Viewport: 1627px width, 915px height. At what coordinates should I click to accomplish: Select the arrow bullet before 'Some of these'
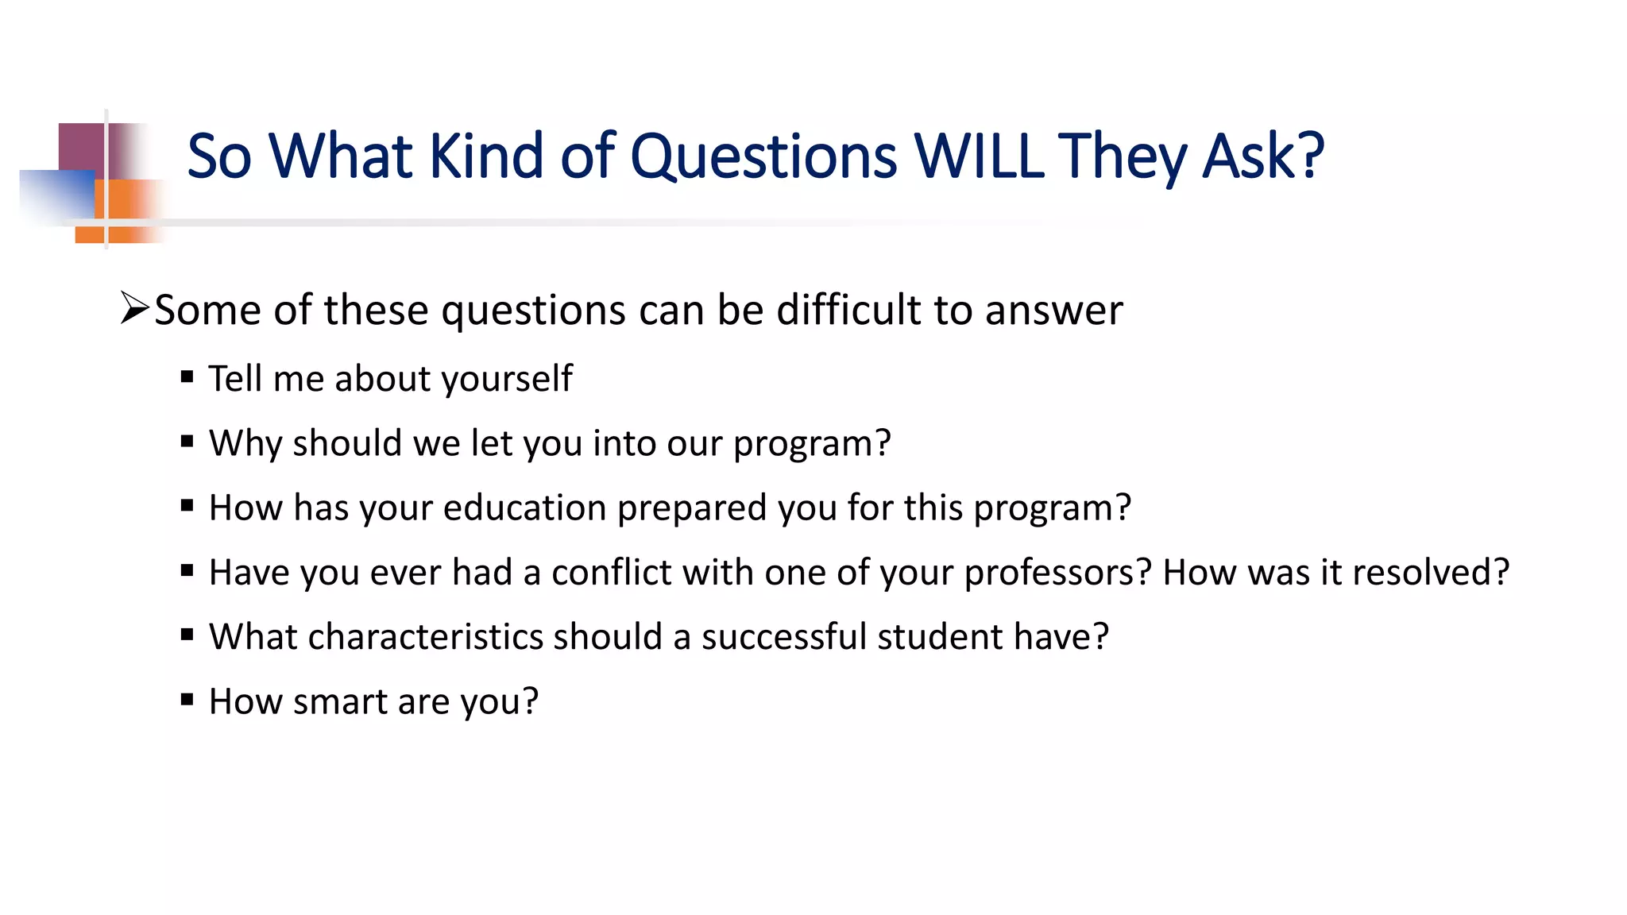click(134, 307)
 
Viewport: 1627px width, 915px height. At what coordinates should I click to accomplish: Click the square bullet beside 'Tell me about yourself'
click(187, 376)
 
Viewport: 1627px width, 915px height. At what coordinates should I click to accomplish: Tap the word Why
click(245, 443)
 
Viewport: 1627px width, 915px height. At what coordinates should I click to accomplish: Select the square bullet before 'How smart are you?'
click(187, 700)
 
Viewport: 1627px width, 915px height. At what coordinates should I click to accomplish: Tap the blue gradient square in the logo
click(56, 195)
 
